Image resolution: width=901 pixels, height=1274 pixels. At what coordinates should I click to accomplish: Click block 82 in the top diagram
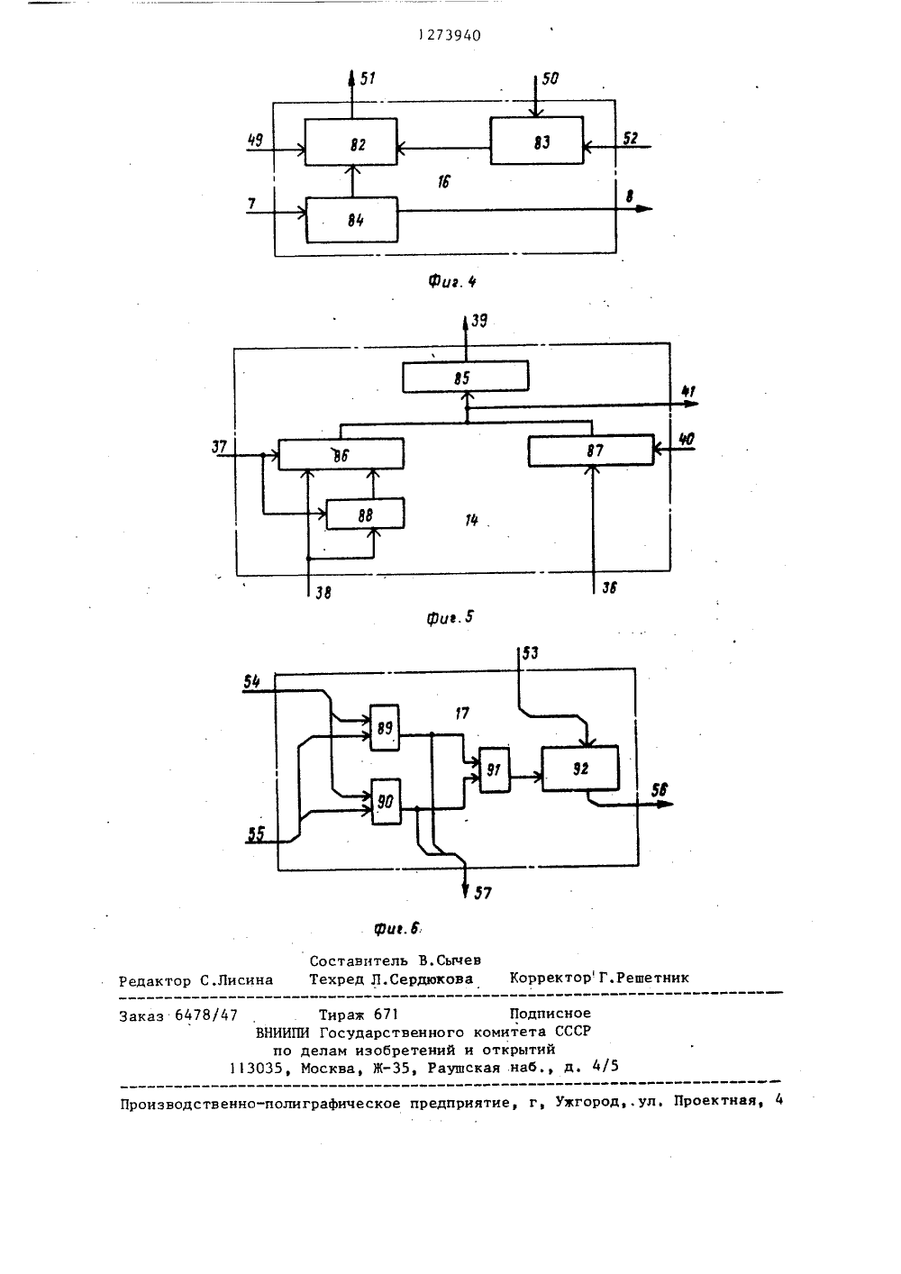pyautogui.click(x=351, y=142)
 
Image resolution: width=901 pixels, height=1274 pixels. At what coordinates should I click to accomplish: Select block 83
pyautogui.click(x=536, y=141)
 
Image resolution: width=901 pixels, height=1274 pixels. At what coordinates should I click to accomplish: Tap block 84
pyautogui.click(x=352, y=220)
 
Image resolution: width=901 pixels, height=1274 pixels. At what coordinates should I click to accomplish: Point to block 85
pyautogui.click(x=465, y=377)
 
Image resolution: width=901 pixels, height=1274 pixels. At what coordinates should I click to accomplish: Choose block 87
pyautogui.click(x=591, y=450)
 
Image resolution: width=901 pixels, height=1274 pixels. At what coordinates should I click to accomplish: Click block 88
pyautogui.click(x=365, y=514)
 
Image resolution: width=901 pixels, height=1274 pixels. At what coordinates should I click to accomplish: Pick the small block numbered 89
pyautogui.click(x=385, y=727)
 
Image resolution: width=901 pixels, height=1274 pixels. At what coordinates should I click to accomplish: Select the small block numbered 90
pyautogui.click(x=386, y=801)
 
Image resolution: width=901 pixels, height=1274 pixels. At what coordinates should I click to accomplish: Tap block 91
pyautogui.click(x=495, y=769)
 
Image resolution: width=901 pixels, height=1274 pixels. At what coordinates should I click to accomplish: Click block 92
pyautogui.click(x=580, y=768)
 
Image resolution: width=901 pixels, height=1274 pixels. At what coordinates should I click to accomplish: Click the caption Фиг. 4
pyautogui.click(x=452, y=280)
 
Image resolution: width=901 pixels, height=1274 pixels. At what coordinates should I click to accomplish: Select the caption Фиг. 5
pyautogui.click(x=450, y=617)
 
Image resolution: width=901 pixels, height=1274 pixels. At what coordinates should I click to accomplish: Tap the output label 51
pyautogui.click(x=369, y=77)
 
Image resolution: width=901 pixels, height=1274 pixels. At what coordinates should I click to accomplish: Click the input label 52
pyautogui.click(x=630, y=138)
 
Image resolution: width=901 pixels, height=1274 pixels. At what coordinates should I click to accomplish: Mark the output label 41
pyautogui.click(x=688, y=391)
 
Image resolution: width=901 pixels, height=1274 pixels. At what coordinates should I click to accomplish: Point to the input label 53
pyautogui.click(x=530, y=653)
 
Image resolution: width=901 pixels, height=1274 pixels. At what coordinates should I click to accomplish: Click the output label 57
pyautogui.click(x=483, y=893)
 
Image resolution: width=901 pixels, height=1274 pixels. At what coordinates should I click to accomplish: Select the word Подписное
pyautogui.click(x=550, y=1013)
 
